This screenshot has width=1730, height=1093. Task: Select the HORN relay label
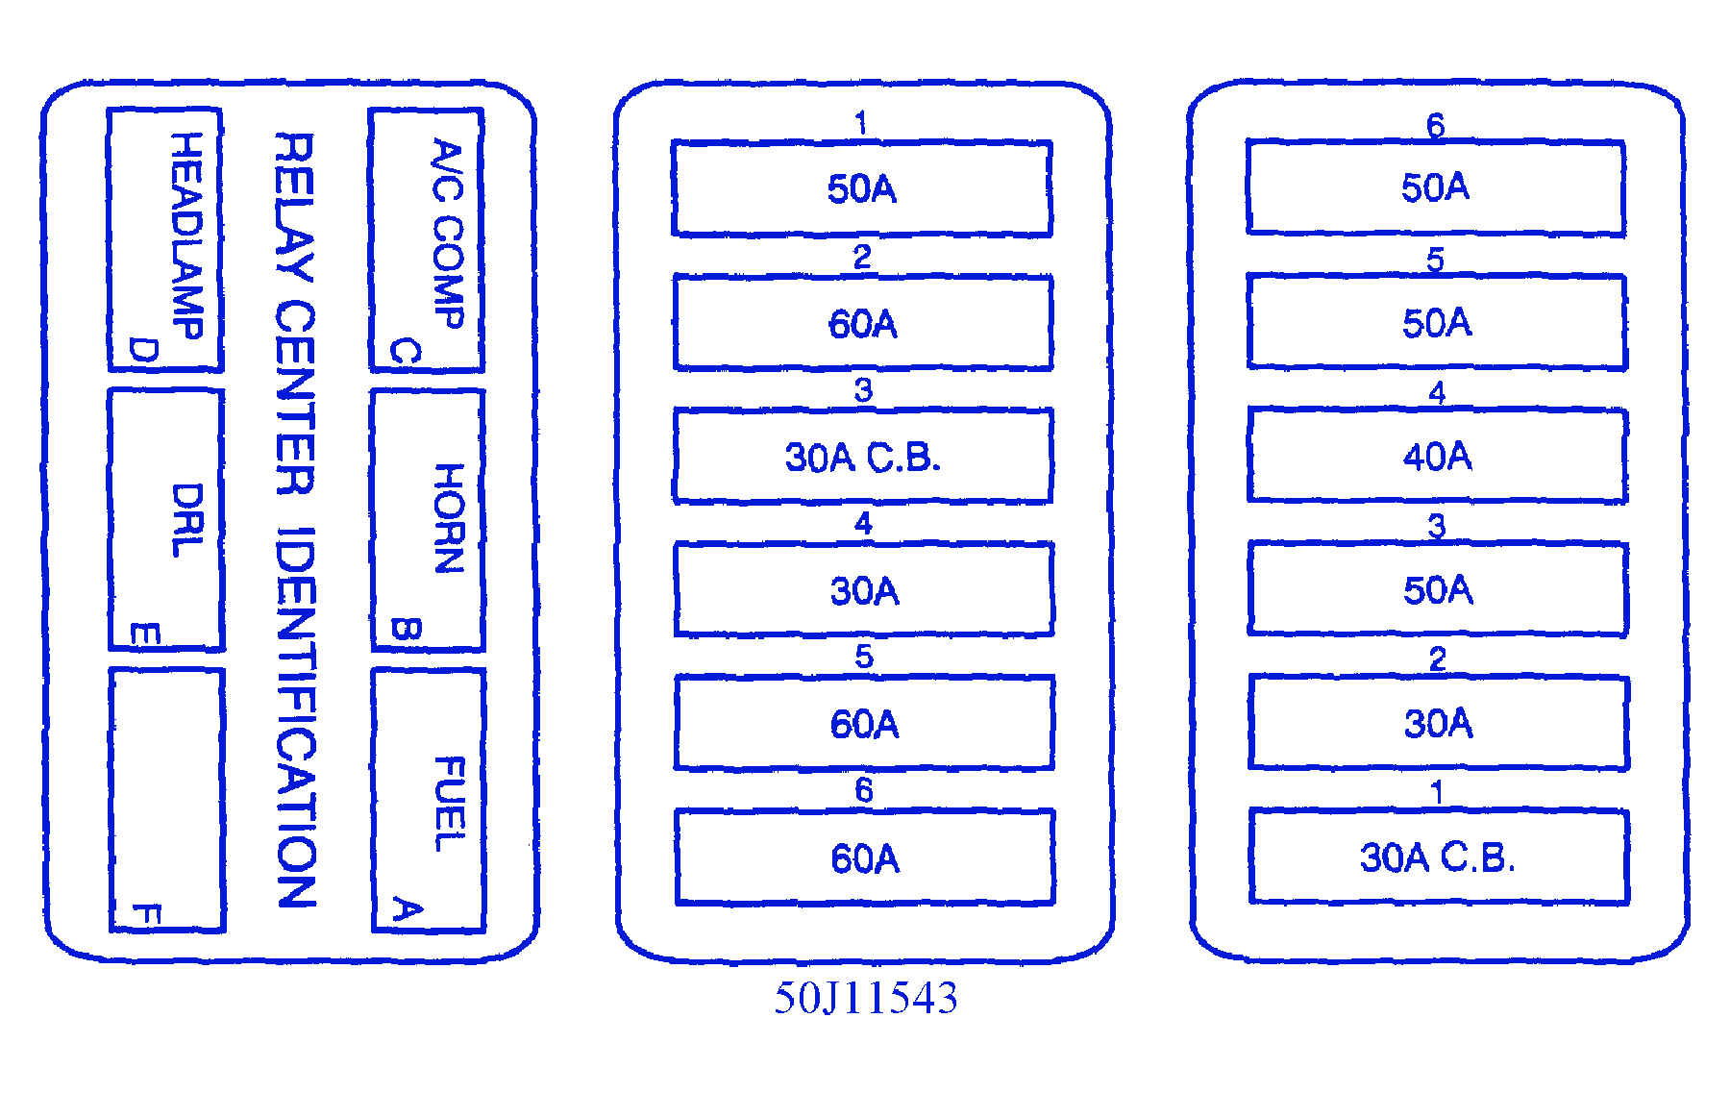[x=449, y=518]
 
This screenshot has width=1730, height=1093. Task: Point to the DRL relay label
[x=187, y=520]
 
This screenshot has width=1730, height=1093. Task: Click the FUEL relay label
[x=450, y=804]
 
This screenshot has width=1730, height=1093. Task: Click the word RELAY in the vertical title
[x=294, y=207]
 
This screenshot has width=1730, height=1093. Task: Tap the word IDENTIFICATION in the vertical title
[x=295, y=717]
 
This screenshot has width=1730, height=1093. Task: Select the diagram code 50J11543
[x=866, y=999]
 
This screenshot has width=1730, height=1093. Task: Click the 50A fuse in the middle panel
[x=862, y=189]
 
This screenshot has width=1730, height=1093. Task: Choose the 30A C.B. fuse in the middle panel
[x=863, y=458]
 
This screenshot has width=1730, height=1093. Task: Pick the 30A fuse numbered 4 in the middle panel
[x=864, y=590]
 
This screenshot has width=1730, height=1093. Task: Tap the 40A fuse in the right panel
[x=1437, y=456]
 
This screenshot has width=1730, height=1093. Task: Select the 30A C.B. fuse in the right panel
[x=1438, y=857]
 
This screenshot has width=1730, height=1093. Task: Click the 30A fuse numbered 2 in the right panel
[x=1438, y=723]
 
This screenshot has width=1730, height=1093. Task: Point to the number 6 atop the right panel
[x=1435, y=125]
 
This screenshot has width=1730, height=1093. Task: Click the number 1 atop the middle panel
[x=861, y=123]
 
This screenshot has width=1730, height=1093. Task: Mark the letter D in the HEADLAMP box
[x=143, y=351]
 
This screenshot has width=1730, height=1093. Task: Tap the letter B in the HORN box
[x=406, y=630]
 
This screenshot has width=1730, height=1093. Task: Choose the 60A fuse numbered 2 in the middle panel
[x=863, y=324]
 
